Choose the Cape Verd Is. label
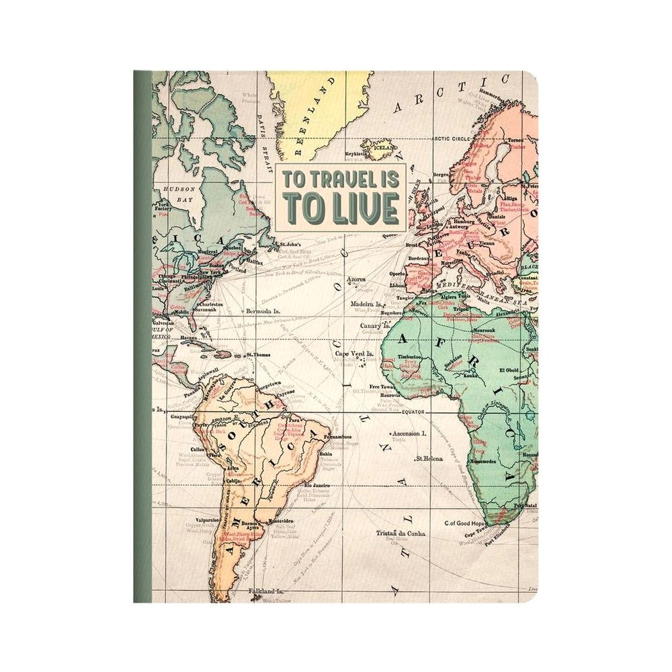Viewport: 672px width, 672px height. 354,354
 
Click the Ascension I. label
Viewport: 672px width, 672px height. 409,433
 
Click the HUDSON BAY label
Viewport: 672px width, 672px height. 175,195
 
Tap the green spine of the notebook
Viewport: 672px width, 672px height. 142,336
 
